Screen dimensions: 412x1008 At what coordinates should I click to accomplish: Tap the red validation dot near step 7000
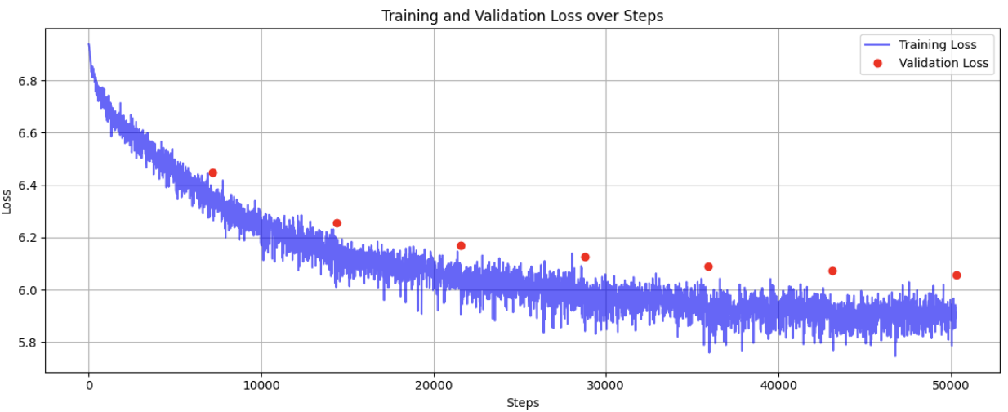tap(212, 172)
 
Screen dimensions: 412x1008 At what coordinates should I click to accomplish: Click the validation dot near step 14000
tap(337, 223)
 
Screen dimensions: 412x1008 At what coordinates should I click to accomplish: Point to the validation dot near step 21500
tap(461, 245)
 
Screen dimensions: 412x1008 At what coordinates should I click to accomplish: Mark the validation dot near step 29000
tap(585, 257)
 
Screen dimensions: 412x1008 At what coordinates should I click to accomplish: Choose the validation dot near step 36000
tap(708, 266)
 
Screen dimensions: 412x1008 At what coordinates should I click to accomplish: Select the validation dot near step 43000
tap(832, 271)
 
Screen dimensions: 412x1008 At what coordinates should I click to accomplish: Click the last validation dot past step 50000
tap(957, 275)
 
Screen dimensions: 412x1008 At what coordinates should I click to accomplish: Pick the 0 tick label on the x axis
tap(89, 385)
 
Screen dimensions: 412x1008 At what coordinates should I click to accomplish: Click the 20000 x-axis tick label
tap(434, 385)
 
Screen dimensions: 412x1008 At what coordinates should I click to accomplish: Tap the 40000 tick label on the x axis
tap(778, 385)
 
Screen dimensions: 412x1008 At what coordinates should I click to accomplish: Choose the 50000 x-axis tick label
tap(951, 385)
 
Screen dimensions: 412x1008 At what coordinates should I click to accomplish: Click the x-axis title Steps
tap(523, 402)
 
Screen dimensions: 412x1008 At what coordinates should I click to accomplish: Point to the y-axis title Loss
tap(8, 201)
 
